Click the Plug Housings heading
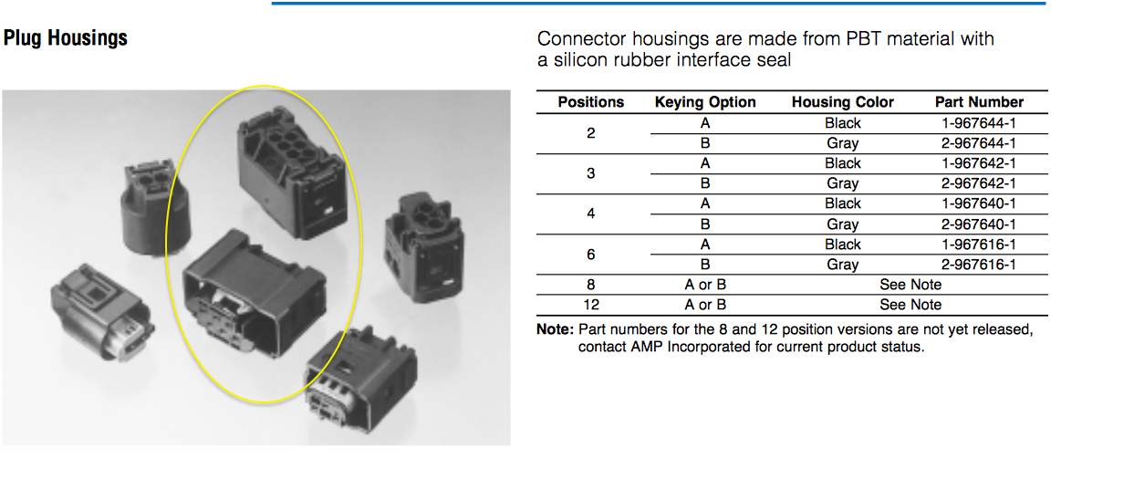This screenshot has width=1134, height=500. pos(66,38)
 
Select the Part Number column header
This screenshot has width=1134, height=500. pos(979,102)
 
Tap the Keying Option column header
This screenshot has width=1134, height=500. pos(705,102)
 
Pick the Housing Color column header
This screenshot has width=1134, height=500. pos(843,102)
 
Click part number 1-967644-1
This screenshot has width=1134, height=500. pos(979,123)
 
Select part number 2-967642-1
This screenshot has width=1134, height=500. pos(979,183)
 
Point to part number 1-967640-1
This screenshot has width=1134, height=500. pos(979,203)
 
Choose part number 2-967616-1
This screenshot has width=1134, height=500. pos(979,265)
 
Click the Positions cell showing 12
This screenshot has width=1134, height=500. pos(591,305)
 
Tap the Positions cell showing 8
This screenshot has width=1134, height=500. pos(591,285)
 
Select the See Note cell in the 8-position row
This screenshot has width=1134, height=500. pos(910,285)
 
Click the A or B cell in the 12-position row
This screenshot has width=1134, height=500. pos(705,305)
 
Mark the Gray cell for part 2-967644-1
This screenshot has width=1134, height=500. pos(843,143)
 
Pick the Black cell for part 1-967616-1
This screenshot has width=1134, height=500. pos(843,245)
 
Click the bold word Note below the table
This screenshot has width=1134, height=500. pos(555,329)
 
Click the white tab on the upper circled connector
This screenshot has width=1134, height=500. pos(328,210)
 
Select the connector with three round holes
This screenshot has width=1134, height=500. pos(424,247)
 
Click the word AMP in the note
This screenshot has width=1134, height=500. pos(647,347)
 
